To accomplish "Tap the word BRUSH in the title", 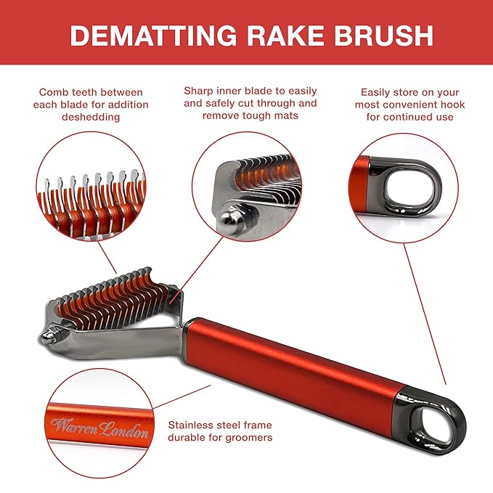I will coord(383,35).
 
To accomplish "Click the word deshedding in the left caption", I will coord(91,117).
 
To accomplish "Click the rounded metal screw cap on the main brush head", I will coord(48,335).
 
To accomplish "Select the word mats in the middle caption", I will coord(286,117).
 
